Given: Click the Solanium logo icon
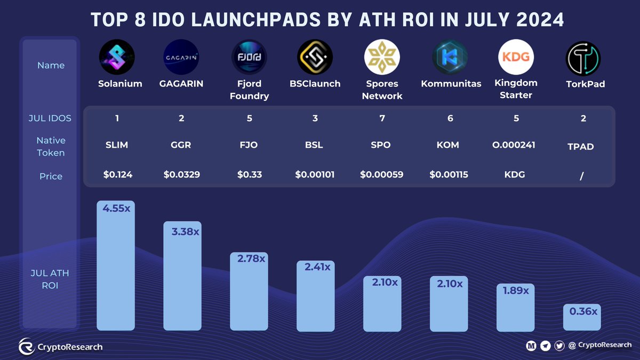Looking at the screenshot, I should [x=116, y=58].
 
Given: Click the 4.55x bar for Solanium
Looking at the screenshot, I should [x=116, y=267].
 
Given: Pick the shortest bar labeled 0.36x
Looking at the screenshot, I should [x=582, y=318].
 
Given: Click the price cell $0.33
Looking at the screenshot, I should [x=249, y=174].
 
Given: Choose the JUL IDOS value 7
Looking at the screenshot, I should [x=382, y=118].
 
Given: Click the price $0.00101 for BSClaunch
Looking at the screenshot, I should [x=315, y=174].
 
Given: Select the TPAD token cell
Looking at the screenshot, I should [x=580, y=147].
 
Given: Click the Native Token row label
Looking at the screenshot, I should [x=51, y=147].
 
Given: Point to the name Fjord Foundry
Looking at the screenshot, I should [x=249, y=90].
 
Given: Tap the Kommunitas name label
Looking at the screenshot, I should [x=451, y=84].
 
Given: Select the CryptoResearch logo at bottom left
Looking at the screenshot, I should [x=27, y=347].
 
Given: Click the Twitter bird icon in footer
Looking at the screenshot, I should [x=559, y=346].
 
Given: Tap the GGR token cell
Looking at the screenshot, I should [x=181, y=145].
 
